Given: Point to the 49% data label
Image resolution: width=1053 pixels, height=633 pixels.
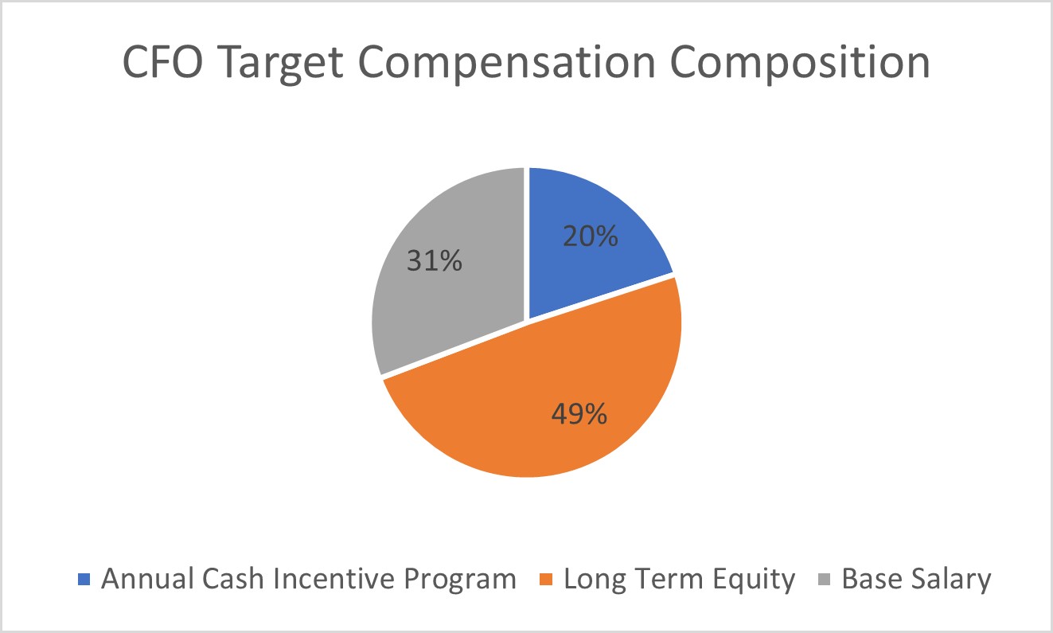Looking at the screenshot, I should click(x=579, y=414).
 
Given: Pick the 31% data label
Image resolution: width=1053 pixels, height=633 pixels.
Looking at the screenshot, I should click(x=435, y=260).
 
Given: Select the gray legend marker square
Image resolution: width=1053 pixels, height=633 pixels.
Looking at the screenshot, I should click(x=826, y=579).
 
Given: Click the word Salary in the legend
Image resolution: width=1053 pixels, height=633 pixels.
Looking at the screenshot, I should click(x=951, y=579).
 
